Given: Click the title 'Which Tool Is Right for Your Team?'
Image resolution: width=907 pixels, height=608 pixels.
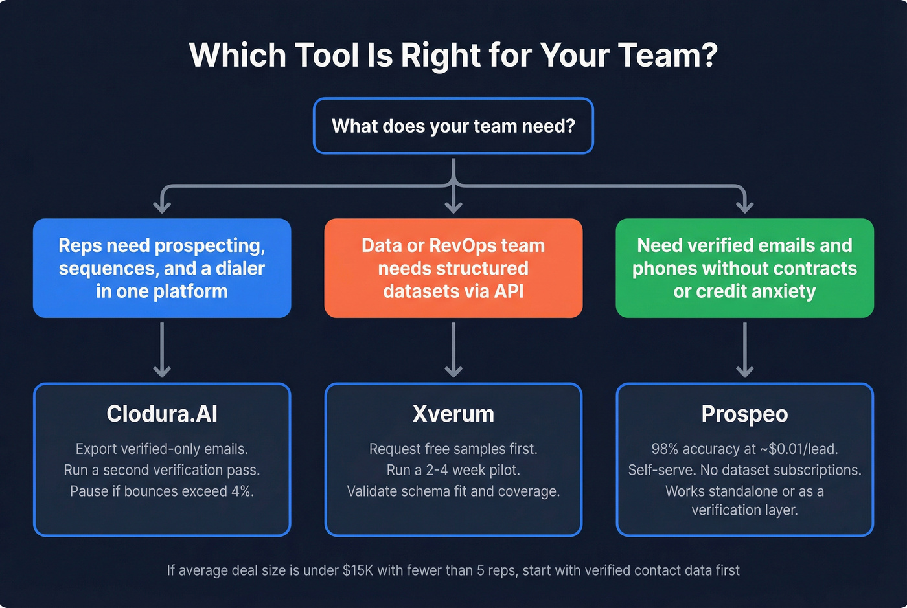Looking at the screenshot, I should [454, 55].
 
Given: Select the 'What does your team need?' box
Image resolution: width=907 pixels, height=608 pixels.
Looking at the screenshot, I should [454, 126].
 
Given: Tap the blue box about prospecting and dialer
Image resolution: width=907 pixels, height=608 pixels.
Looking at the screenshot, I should [162, 268].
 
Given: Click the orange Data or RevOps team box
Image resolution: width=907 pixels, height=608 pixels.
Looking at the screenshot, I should [454, 268].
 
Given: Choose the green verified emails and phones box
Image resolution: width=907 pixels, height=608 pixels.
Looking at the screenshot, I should [744, 268].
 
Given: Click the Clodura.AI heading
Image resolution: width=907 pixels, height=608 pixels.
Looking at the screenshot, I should [162, 414].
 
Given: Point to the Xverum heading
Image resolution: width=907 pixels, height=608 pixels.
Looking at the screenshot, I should [454, 414].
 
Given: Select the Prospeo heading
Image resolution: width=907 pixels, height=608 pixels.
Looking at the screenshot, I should [744, 414].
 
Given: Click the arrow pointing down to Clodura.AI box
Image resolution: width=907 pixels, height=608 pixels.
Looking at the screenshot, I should [162, 350].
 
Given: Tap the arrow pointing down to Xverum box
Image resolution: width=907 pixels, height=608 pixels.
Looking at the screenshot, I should [454, 350].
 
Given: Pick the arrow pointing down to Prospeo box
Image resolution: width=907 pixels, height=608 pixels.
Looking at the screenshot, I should [744, 350].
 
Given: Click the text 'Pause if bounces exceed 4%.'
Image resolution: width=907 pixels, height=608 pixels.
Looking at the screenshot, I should [162, 491].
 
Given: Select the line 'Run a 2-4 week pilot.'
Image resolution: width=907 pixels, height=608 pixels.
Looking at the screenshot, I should [454, 470].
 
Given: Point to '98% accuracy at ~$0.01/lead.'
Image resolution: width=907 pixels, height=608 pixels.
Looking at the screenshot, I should [744, 449].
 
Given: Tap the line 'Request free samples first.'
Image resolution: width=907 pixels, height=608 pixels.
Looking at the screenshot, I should [454, 449].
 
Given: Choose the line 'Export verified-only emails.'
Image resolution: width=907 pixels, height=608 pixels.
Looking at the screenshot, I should [162, 449].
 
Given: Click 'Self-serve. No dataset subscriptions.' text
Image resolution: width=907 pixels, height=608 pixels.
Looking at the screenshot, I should [744, 470].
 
